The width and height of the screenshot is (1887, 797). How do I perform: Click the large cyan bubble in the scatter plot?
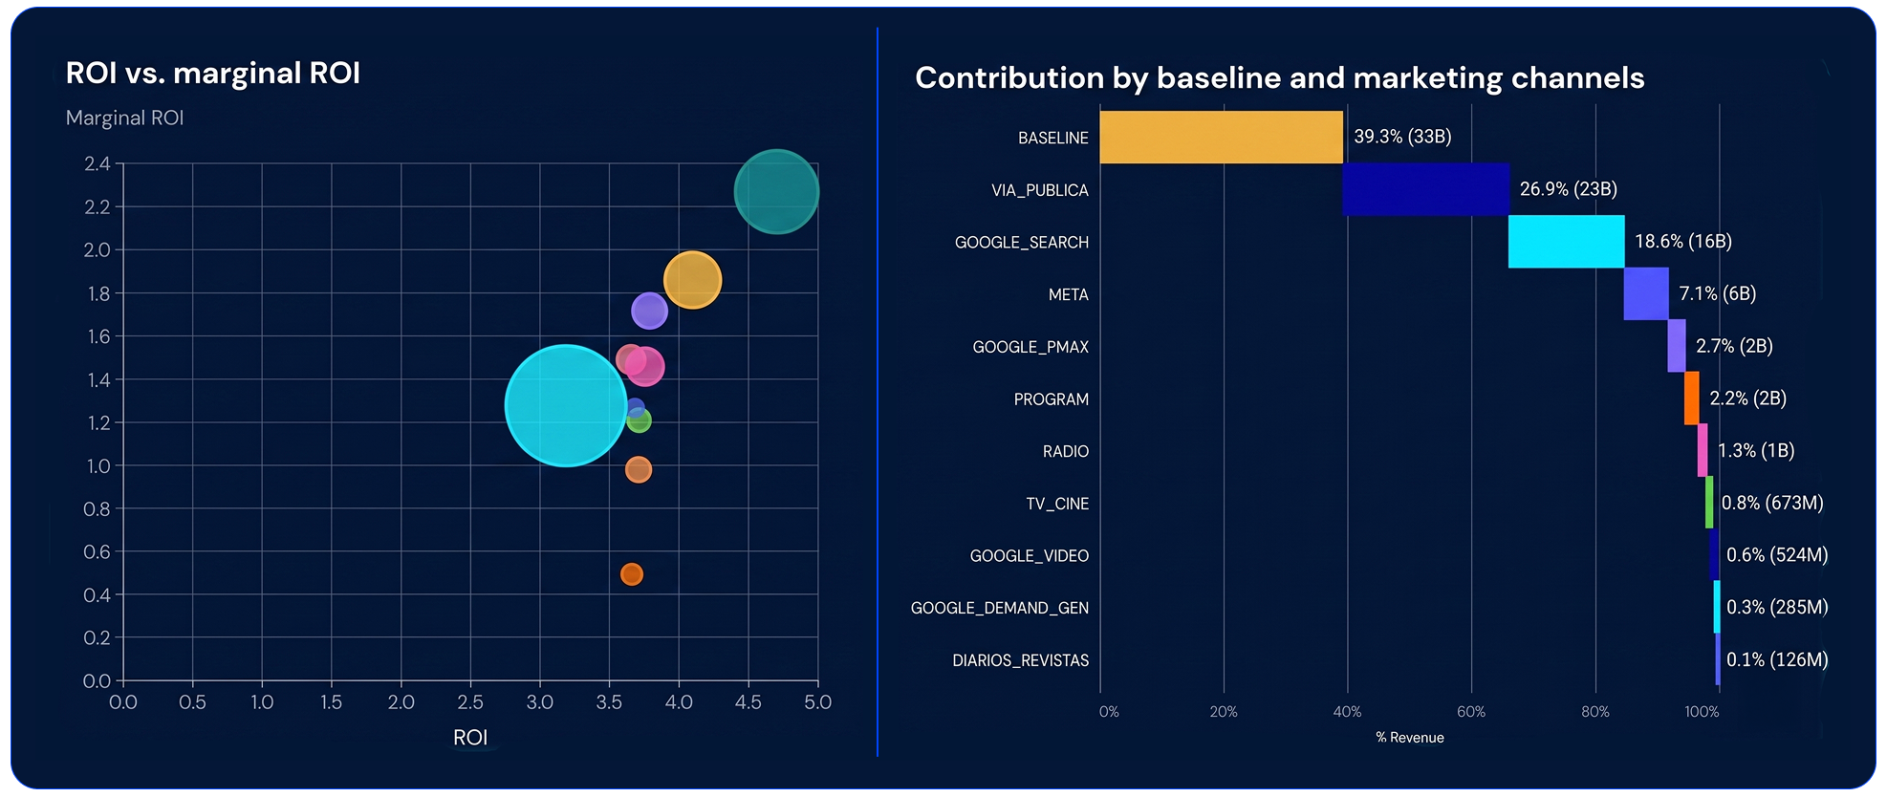(565, 405)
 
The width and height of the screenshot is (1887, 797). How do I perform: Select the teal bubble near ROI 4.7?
(776, 192)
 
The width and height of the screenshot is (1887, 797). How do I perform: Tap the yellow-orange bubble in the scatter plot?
(692, 280)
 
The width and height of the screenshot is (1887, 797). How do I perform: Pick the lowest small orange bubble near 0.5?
(631, 574)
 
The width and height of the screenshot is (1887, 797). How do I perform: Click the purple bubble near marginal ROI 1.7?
(649, 311)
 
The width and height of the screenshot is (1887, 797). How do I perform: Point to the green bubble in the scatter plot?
(640, 420)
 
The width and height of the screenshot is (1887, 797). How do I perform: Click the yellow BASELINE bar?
(1221, 138)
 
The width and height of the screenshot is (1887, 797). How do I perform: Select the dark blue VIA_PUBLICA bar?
(1425, 189)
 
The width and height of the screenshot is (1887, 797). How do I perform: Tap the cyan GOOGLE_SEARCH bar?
(1566, 242)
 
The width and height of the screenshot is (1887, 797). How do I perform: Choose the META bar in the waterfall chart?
(1645, 293)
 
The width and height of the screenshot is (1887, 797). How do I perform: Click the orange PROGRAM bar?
(1691, 398)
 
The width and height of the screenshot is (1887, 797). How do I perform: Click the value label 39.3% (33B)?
(1402, 137)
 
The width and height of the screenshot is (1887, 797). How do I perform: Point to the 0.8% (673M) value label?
(1772, 503)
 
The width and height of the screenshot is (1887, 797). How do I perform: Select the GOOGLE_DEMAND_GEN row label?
(999, 608)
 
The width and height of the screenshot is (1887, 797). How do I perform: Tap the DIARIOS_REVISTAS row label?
(1020, 660)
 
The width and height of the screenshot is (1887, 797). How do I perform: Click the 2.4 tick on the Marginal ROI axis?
(98, 163)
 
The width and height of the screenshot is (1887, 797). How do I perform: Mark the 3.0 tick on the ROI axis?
(539, 702)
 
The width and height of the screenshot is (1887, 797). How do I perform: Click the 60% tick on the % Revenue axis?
(1470, 712)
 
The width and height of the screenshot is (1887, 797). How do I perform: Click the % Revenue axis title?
(1409, 738)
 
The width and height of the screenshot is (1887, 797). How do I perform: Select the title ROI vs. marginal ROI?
(212, 74)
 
